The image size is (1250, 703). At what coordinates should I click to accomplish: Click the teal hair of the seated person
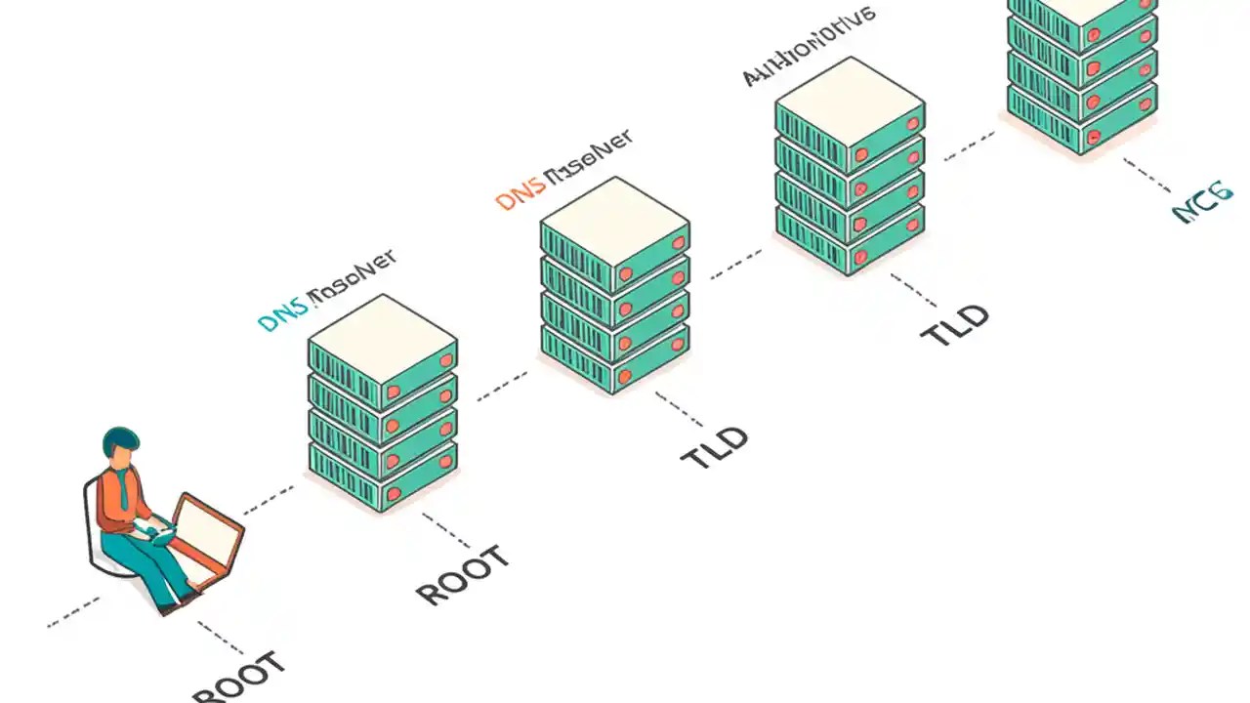(120, 438)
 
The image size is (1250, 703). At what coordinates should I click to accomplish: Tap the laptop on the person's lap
(206, 532)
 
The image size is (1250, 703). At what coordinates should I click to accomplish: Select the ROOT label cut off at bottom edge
(240, 680)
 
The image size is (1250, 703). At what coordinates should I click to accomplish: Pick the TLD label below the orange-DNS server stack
(714, 447)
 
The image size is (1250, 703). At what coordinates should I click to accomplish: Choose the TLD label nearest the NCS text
(955, 325)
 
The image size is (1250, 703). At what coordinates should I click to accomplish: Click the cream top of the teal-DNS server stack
(382, 337)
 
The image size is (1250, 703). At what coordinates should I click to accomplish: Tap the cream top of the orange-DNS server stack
(614, 219)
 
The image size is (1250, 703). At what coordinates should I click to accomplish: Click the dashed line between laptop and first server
(269, 499)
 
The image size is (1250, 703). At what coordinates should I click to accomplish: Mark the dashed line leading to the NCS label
(1147, 176)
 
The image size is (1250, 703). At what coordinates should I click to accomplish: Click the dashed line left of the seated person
(72, 610)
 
